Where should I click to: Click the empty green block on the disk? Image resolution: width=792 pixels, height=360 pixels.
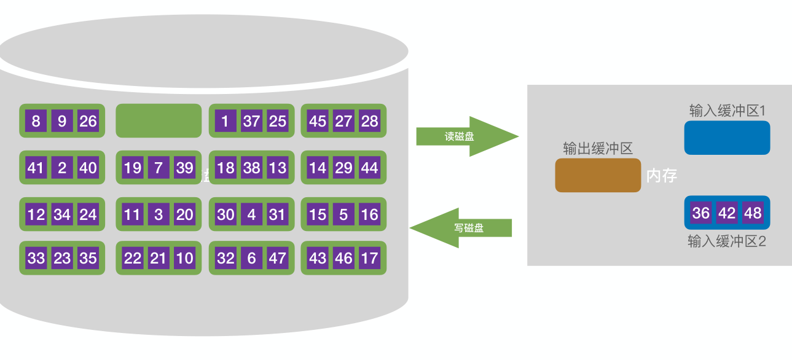159,120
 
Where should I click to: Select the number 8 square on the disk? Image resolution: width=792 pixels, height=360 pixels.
36,121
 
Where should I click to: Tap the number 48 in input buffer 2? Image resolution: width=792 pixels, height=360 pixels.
753,213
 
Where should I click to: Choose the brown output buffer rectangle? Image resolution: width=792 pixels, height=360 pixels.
598,175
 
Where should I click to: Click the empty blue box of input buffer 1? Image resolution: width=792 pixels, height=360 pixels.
727,137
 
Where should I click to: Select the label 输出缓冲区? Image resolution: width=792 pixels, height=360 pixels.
598,149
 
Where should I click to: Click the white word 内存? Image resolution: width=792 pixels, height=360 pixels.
662,176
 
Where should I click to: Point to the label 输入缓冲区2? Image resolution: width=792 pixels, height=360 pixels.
727,241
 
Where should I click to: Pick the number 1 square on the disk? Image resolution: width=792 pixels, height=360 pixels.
225,121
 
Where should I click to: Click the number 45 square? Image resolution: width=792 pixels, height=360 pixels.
318,121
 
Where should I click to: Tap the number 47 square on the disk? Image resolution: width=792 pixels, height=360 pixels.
278,258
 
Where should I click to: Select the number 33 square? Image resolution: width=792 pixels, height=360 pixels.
36,258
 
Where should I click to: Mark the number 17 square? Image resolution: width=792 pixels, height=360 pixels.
369,258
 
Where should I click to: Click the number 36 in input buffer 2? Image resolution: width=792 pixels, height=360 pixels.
701,213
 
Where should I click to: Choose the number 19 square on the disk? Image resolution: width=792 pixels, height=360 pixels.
133,168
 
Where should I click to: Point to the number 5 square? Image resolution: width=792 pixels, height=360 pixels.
343,214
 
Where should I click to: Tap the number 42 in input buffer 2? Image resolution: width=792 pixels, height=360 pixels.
727,213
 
